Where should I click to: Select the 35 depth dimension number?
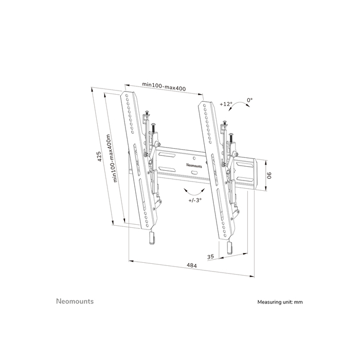coord(210,255)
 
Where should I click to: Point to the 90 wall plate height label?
coord(268,176)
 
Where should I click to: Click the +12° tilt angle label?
coord(226,104)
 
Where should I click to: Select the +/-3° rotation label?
coord(195,200)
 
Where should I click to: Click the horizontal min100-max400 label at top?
coord(164,88)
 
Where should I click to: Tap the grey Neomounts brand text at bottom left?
coord(75,301)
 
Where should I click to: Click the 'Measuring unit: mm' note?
coord(280,302)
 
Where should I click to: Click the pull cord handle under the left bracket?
coord(152,239)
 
